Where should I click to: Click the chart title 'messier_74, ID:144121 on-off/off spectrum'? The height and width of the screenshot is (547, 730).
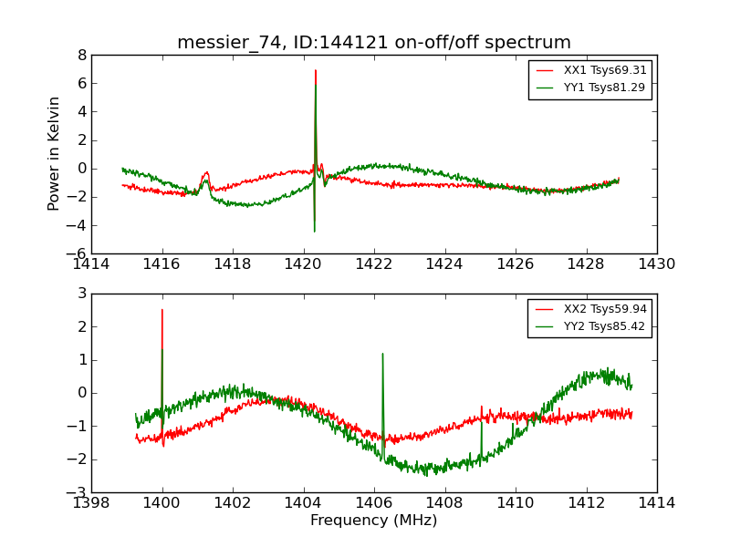click(374, 43)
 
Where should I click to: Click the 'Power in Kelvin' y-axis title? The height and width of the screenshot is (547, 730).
click(55, 153)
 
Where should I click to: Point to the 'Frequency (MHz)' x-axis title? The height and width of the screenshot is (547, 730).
click(374, 521)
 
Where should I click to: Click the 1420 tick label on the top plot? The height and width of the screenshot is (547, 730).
click(303, 264)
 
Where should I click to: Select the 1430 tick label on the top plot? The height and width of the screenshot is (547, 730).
click(657, 264)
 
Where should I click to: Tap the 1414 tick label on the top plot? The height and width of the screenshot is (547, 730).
click(91, 264)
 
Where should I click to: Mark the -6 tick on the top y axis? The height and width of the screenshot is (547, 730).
click(78, 253)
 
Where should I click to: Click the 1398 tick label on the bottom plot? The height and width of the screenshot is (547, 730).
click(91, 503)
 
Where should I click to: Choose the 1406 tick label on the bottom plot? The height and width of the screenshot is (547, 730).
click(374, 503)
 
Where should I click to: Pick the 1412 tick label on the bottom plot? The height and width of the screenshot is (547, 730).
click(586, 503)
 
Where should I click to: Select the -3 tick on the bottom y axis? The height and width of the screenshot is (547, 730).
click(78, 492)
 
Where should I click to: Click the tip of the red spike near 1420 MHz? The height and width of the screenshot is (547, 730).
click(316, 70)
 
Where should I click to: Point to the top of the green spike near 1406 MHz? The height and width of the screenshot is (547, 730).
click(382, 354)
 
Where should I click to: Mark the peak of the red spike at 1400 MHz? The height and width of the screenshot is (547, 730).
click(162, 310)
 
